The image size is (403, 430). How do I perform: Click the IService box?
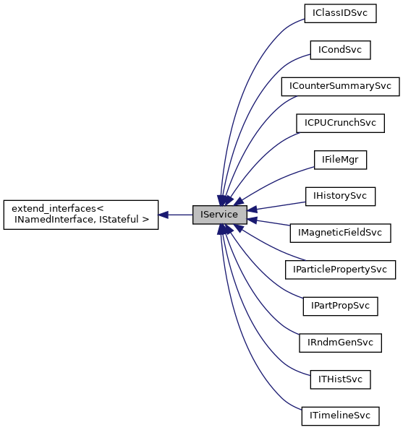[220, 215]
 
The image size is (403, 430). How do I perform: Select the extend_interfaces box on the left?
[80, 215]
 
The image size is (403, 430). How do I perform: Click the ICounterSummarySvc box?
[340, 86]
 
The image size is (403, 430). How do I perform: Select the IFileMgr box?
[340, 160]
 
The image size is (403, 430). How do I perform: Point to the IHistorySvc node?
[340, 196]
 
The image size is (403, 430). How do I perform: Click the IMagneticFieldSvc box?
[340, 233]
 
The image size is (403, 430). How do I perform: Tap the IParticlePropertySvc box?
[340, 270]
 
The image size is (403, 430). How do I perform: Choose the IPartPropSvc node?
[340, 306]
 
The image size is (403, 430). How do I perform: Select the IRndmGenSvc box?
[340, 343]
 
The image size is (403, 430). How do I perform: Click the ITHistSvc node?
[340, 379]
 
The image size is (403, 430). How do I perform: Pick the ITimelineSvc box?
[340, 416]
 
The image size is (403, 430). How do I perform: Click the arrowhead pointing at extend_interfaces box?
[164, 215]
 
